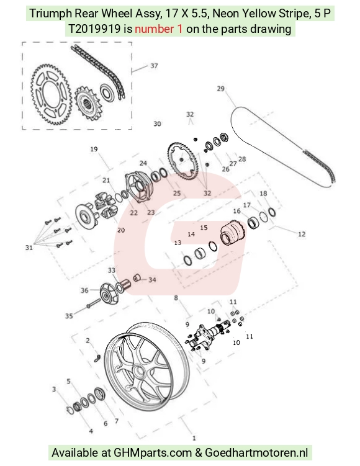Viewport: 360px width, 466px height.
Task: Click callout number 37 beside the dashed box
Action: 154,66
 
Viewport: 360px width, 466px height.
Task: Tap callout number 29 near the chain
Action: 220,89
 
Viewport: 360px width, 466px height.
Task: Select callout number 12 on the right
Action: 302,234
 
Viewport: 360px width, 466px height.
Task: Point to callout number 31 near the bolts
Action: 29,248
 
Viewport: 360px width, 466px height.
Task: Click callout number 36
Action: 84,290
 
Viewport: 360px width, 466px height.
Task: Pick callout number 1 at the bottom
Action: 194,438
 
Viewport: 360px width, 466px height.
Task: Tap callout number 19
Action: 94,149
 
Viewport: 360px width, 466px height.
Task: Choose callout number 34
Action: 152,280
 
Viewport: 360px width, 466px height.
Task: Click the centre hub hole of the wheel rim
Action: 138,372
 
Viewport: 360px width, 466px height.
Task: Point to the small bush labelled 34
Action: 137,278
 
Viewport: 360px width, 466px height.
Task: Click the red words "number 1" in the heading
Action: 159,29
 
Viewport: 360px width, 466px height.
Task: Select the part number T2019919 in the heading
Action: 95,29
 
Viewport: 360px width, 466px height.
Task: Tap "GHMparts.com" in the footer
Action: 153,452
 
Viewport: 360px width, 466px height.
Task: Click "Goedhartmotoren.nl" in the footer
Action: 256,452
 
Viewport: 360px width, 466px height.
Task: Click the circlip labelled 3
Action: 71,410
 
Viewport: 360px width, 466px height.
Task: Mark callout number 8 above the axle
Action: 176,298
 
